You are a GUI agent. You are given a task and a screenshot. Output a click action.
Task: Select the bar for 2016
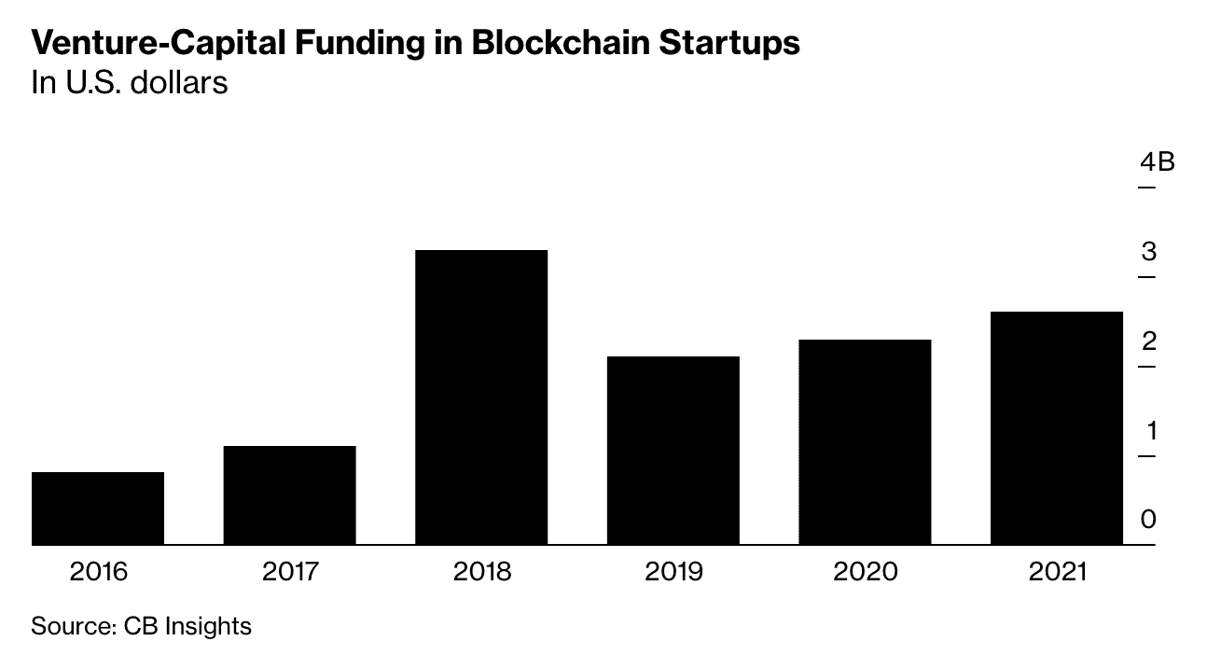(x=98, y=509)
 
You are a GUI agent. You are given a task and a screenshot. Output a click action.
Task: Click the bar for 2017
(x=289, y=495)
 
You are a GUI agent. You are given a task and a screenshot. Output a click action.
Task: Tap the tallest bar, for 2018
(x=481, y=397)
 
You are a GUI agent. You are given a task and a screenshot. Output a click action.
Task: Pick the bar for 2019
(x=673, y=451)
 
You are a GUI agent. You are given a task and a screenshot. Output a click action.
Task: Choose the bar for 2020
(x=865, y=442)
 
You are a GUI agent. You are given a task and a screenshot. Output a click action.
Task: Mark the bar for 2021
(x=1057, y=428)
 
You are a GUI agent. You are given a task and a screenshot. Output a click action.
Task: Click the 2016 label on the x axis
(x=99, y=571)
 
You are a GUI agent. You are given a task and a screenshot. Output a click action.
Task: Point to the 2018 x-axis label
(x=481, y=571)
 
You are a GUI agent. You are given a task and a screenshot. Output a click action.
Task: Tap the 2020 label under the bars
(x=866, y=571)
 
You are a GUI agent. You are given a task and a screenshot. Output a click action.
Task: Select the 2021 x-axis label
(x=1057, y=571)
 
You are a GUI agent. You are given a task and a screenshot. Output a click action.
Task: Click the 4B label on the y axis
(x=1157, y=161)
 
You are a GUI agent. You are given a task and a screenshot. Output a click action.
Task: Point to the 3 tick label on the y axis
(x=1149, y=252)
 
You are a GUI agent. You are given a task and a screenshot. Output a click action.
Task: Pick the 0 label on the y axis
(x=1148, y=519)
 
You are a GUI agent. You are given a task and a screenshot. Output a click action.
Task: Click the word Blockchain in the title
(x=561, y=43)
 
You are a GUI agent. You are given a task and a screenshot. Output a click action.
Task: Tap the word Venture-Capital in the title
(x=159, y=43)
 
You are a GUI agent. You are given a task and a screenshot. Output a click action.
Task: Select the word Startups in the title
(x=729, y=43)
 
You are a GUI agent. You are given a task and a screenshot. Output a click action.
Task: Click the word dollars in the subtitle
(x=179, y=83)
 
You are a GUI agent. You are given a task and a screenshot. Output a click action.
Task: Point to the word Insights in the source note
(x=208, y=626)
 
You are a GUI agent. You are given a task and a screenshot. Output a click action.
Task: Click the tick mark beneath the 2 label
(x=1146, y=367)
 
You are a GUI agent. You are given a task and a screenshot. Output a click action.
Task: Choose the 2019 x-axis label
(x=673, y=571)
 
